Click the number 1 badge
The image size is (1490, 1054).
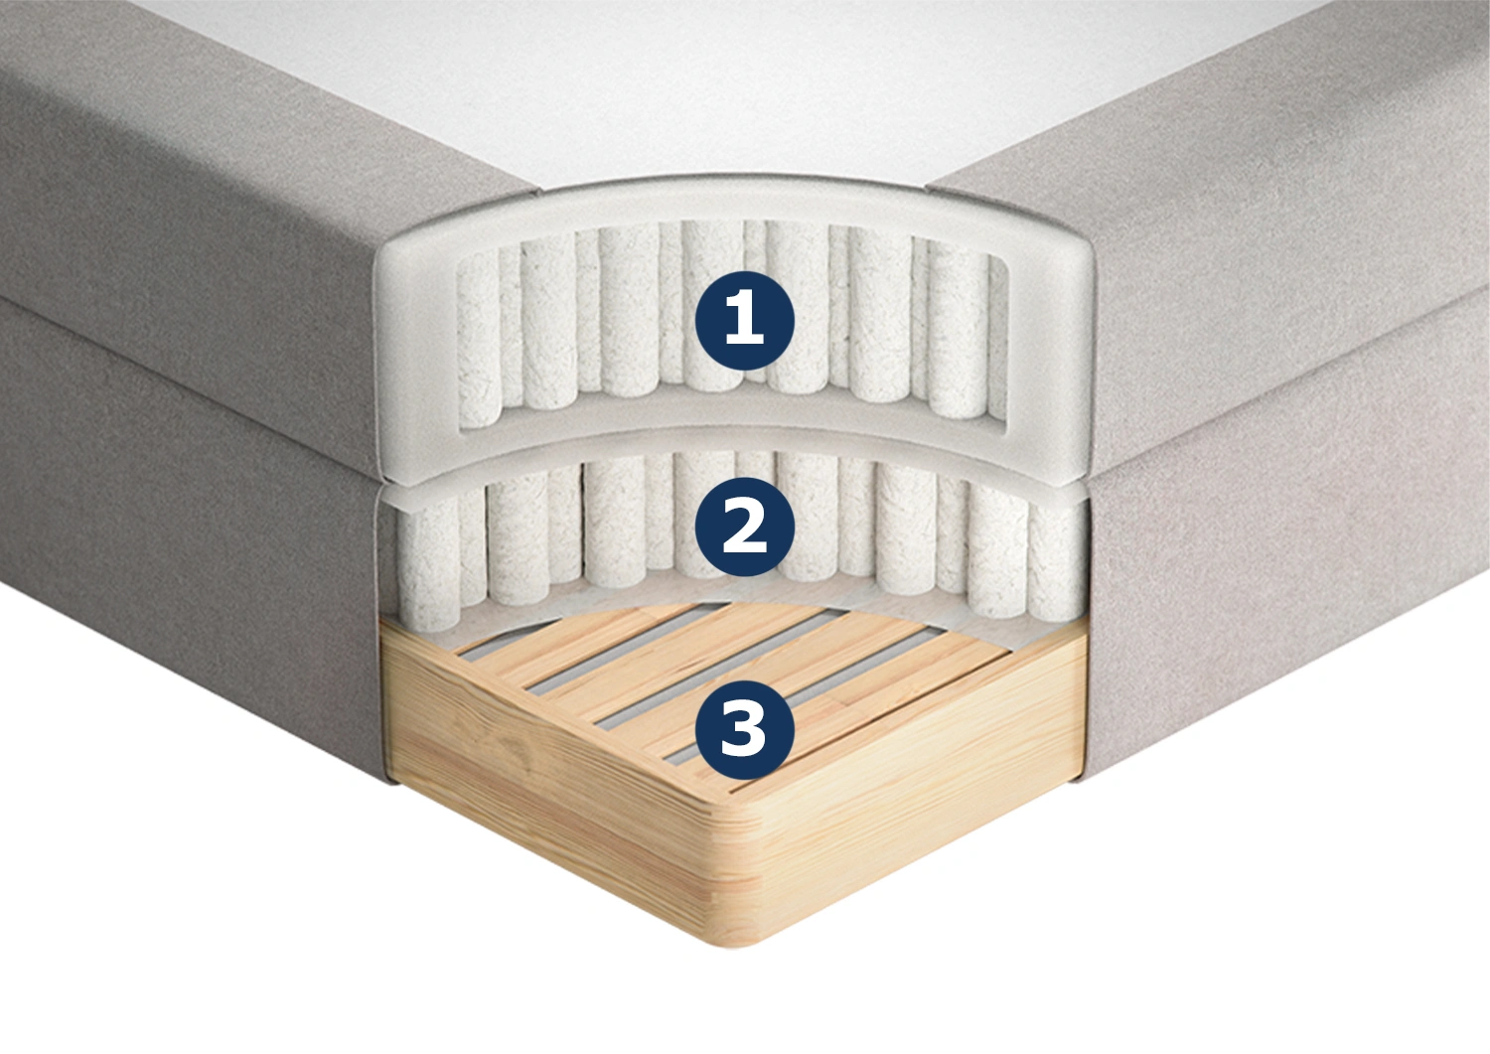click(x=744, y=321)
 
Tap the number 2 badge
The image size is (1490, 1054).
click(x=744, y=527)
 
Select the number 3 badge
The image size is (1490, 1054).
click(x=744, y=728)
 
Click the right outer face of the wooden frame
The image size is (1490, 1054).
click(x=932, y=799)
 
